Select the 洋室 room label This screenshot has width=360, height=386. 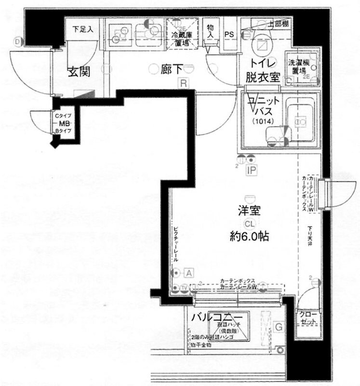pos(249,211)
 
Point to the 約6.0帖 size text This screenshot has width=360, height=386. pos(249,237)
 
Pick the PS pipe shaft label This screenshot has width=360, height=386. pos(230,34)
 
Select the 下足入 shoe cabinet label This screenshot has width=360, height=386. pos(82,28)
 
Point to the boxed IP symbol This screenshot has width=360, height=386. pos(251,170)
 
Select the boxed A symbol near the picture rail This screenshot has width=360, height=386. pos(189,273)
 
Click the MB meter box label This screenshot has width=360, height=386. pos(63,123)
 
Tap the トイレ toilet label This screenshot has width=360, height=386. pos(262,63)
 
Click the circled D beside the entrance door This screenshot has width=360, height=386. pos(18,41)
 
